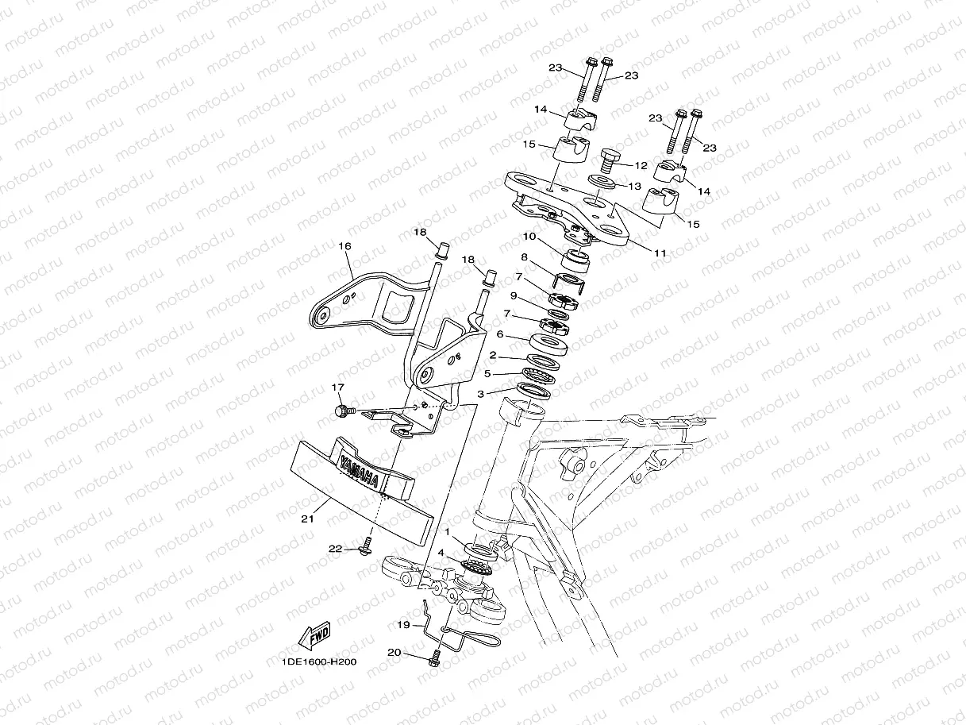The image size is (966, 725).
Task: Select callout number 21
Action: click(x=308, y=519)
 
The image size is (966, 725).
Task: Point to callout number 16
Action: click(x=344, y=247)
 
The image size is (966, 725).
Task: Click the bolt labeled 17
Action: click(x=344, y=411)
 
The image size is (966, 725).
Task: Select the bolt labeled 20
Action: click(x=433, y=658)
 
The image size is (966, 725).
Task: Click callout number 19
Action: click(x=403, y=625)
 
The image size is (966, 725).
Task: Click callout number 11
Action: click(x=660, y=253)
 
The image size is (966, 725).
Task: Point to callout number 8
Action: click(x=524, y=256)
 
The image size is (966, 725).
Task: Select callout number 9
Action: click(x=514, y=295)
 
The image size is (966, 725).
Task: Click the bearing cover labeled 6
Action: click(x=550, y=344)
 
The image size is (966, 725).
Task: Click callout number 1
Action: click(x=448, y=531)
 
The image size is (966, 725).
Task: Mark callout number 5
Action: click(x=488, y=373)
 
